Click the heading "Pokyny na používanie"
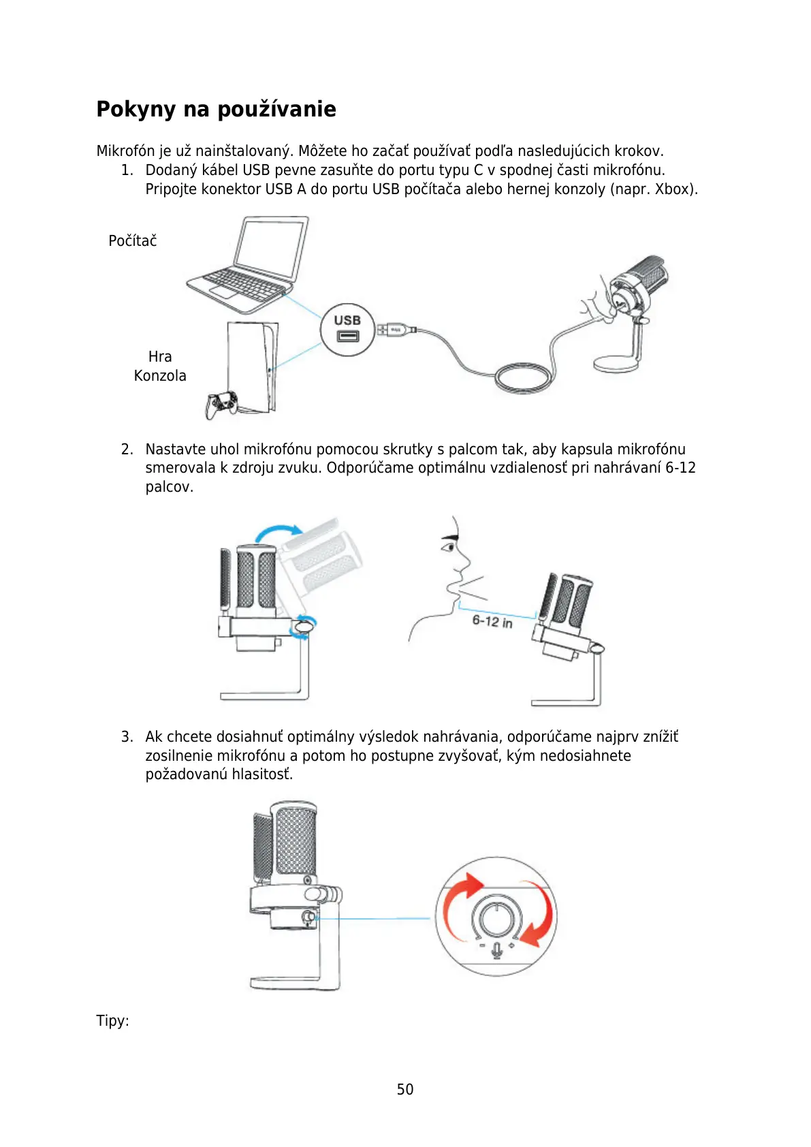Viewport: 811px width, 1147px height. (x=216, y=109)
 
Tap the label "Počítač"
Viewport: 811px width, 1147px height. (x=132, y=240)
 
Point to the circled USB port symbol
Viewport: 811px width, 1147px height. (x=347, y=329)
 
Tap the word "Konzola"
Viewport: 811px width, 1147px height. (x=160, y=375)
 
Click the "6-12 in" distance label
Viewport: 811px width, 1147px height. (x=492, y=620)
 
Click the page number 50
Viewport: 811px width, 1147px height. (x=405, y=1089)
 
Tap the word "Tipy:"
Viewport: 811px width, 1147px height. (x=112, y=1020)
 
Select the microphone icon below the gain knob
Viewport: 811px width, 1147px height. (x=497, y=949)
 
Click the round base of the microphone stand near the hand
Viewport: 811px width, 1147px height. (x=617, y=363)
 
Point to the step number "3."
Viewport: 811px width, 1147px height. (x=127, y=736)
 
